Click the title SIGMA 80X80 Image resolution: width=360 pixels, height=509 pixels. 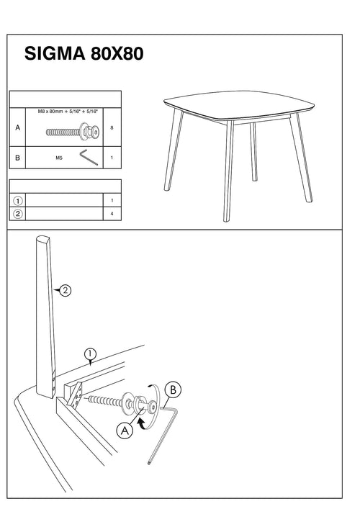(84, 53)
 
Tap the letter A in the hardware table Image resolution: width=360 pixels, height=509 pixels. (17, 127)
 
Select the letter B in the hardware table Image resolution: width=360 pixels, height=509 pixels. (17, 158)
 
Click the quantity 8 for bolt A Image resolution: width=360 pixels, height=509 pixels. (112, 128)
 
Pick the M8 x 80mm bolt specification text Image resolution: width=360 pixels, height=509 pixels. (68, 112)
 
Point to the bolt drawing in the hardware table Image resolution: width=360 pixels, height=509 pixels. (73, 132)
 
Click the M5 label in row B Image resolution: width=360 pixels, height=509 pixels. (59, 158)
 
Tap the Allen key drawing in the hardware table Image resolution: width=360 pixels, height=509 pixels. (89, 157)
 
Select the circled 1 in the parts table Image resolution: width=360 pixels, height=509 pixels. (17, 201)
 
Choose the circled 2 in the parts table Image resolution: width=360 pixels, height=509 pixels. (17, 214)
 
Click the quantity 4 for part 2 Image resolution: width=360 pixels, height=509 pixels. (112, 214)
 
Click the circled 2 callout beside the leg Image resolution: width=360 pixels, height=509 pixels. (66, 290)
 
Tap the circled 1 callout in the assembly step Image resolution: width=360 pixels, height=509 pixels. (90, 354)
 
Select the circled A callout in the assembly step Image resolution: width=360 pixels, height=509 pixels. (125, 431)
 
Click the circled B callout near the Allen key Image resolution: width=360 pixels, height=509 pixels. (173, 389)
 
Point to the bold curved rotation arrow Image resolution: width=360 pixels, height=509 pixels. (141, 424)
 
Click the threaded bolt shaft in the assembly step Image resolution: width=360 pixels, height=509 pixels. (104, 401)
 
